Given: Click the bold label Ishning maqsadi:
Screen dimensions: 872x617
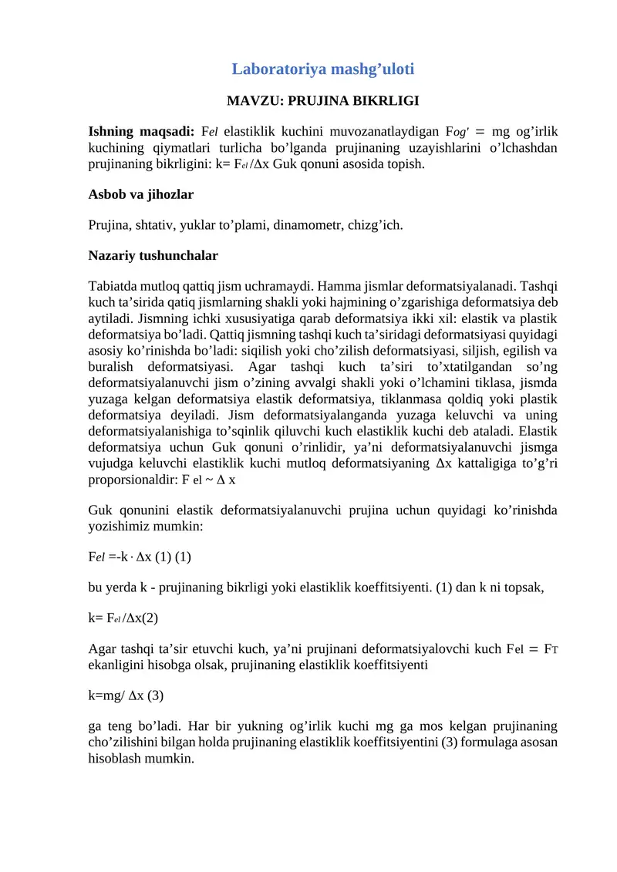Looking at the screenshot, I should pyautogui.click(x=143, y=129).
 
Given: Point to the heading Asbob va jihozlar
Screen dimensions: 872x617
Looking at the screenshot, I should pyautogui.click(x=141, y=195).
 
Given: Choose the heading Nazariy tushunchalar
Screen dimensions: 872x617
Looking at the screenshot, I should pyautogui.click(x=153, y=254).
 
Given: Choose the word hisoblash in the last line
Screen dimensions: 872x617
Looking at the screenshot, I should pyautogui.click(x=115, y=758).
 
